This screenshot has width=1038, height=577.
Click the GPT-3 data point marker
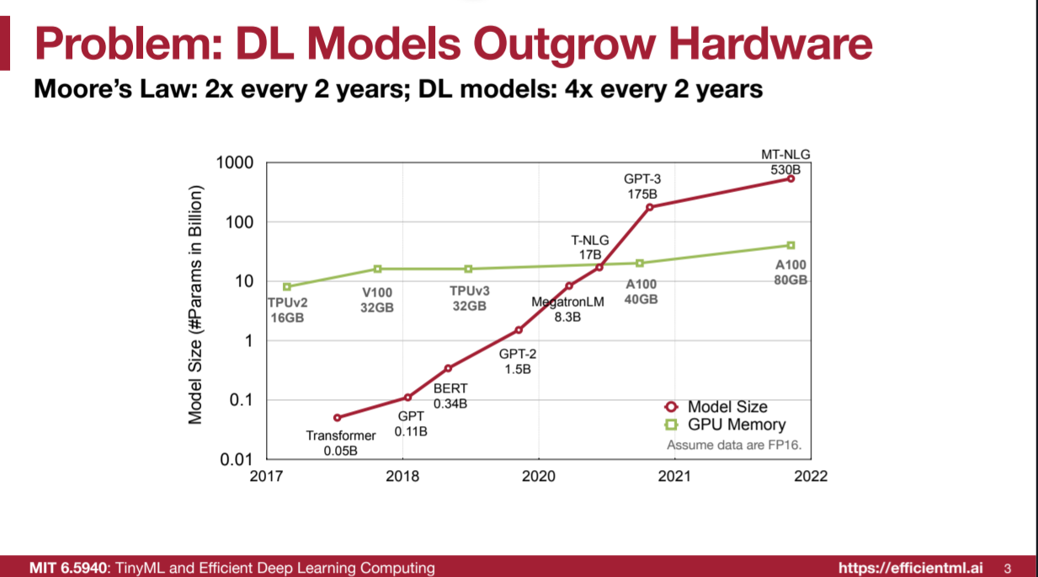[649, 206]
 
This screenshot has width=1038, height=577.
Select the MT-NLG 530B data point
[790, 179]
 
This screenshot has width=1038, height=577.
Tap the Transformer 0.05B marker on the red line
[338, 417]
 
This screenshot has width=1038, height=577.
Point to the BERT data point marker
[448, 368]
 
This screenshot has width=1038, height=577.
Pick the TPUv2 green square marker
[287, 286]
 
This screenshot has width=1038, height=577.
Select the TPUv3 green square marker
[469, 269]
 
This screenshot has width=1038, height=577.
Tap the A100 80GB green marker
[790, 245]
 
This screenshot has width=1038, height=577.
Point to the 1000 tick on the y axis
[237, 163]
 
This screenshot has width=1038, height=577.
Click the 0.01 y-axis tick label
[237, 460]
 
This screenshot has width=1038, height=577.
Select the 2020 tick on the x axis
[539, 477]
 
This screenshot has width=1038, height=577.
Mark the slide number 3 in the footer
[1008, 568]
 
